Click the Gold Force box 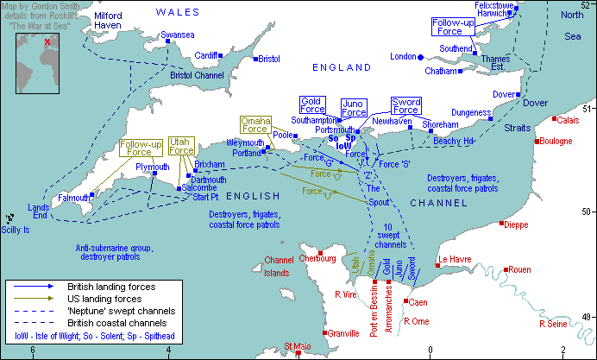(x=312, y=104)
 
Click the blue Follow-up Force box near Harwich (x=453, y=27)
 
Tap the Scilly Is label (x=15, y=231)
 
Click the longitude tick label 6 (x=33, y=350)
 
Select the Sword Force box (x=405, y=105)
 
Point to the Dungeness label (x=472, y=112)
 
